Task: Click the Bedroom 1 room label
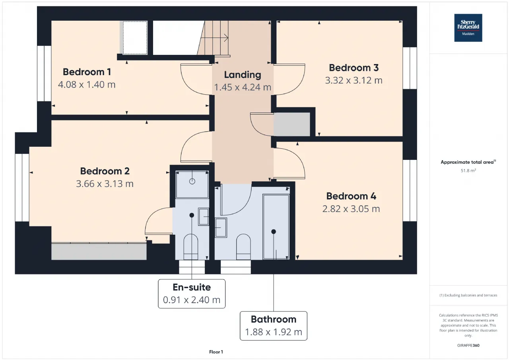point(87,72)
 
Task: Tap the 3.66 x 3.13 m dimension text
point(105,184)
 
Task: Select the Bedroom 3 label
point(354,68)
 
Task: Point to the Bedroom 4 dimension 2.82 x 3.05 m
point(351,208)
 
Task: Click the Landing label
point(243,75)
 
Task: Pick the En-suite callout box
point(192,294)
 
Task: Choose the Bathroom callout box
point(274,326)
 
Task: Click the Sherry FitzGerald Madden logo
point(468,28)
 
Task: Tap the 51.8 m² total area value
point(468,171)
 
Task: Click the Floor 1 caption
point(216,352)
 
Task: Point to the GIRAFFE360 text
point(468,345)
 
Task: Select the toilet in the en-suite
point(190,247)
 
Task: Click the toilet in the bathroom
point(243,247)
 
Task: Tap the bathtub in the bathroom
point(276,227)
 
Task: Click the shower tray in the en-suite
point(192,185)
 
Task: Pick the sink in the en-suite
point(203,216)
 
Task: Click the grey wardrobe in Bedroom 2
point(99,251)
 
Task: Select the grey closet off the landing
point(292,125)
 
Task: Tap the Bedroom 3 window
point(410,68)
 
